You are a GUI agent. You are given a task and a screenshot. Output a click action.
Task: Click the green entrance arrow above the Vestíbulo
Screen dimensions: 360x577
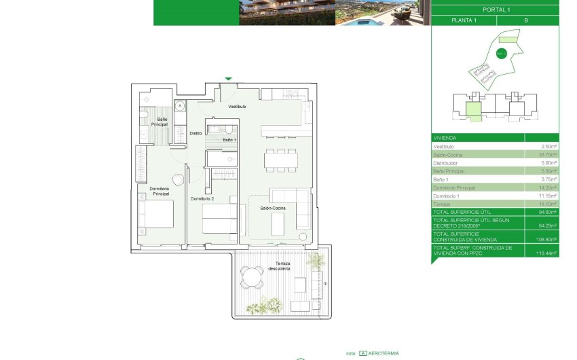tap(228, 79)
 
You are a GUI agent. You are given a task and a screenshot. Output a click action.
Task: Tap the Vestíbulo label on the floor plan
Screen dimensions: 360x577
tap(237, 107)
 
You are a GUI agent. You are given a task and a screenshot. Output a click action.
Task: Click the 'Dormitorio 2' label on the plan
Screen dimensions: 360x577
tap(202, 199)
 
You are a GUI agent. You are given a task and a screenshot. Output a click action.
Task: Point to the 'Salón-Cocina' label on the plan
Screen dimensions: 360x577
tap(272, 208)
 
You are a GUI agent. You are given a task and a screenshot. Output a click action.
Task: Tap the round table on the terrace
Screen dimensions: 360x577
tap(252, 276)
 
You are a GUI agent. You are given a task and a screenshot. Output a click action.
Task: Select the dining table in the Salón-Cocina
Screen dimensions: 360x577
tap(281, 159)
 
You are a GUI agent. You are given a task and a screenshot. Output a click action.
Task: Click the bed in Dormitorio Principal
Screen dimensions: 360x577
tap(155, 214)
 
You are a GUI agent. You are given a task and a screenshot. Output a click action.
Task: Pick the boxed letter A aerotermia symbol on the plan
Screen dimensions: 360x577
tap(180, 105)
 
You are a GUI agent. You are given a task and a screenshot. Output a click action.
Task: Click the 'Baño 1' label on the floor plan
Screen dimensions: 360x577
tap(229, 139)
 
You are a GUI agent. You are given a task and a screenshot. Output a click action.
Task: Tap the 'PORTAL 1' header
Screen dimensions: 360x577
tap(495, 10)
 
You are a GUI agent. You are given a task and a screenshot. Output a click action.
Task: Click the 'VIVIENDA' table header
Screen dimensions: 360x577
tap(446, 137)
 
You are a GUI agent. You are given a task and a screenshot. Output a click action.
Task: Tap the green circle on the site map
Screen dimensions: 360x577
tap(502, 54)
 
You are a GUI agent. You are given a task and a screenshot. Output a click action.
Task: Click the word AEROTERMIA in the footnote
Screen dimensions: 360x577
tap(385, 353)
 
